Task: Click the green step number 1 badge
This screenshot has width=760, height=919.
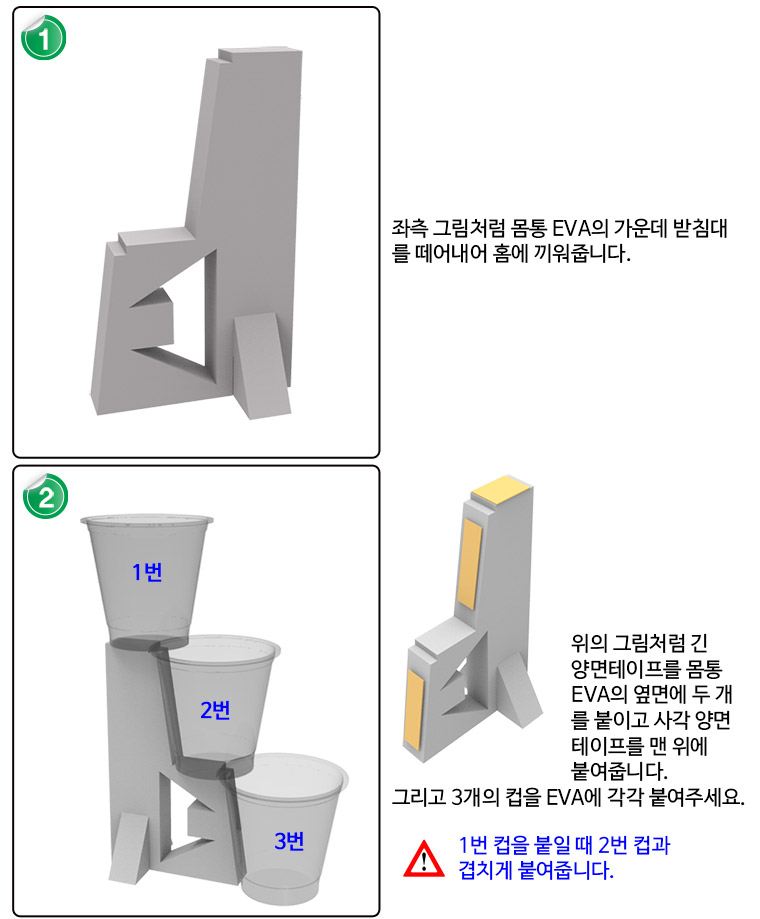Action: (43, 38)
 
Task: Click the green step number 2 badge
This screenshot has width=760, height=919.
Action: (45, 497)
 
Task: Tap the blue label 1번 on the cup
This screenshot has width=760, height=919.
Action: (147, 571)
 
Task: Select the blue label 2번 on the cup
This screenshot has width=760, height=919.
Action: (215, 710)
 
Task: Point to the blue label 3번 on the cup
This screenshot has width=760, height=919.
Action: (289, 841)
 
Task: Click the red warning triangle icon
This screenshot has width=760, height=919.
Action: (424, 859)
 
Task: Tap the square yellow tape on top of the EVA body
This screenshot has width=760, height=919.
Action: (501, 489)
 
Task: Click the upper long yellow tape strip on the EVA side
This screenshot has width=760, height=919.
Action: (470, 563)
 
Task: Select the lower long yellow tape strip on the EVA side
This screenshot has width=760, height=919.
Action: (414, 709)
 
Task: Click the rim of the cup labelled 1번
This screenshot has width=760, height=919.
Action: (146, 519)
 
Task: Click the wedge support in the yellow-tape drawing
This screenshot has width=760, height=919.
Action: (518, 689)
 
